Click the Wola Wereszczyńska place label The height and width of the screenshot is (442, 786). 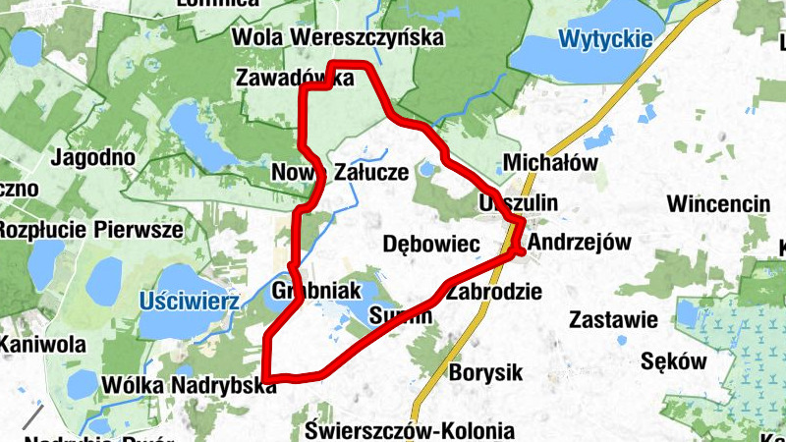338,37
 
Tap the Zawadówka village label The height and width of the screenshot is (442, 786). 294,78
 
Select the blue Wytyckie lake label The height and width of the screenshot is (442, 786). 605,39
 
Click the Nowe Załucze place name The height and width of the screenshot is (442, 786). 339,172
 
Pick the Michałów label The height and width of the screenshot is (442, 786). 549,162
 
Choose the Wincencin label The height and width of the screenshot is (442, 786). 718,203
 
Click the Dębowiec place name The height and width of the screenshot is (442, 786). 429,243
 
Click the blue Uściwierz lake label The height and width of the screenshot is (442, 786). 189,301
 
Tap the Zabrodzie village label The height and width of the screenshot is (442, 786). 492,291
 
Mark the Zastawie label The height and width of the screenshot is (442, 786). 612,319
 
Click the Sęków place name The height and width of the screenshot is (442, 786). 673,360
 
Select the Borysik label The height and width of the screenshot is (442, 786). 485,373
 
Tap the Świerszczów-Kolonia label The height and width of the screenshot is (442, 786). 409,430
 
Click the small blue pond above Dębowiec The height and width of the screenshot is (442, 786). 426,170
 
